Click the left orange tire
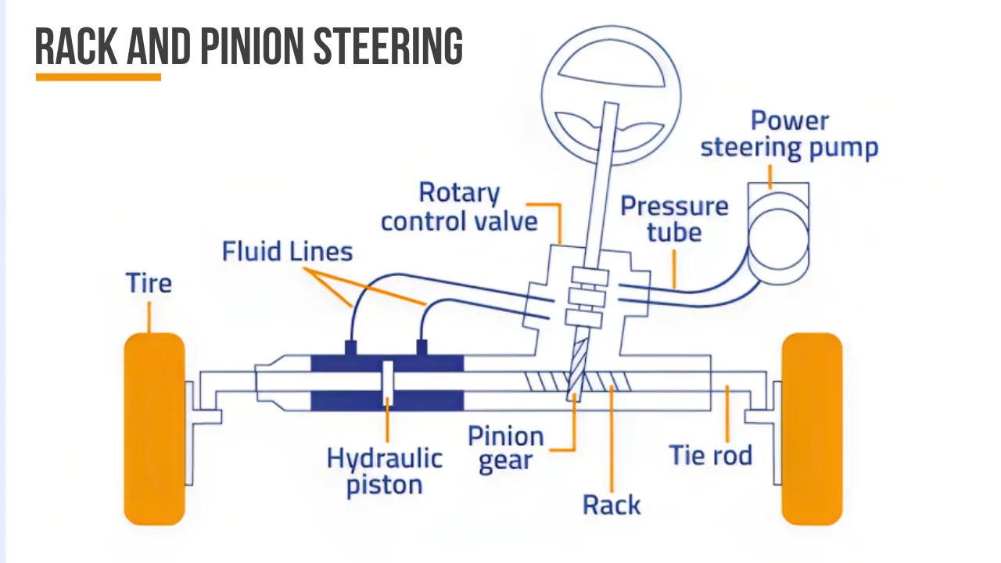coord(154,429)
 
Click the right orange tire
coord(812,429)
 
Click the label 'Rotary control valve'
coord(459,207)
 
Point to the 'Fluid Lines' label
coord(287,252)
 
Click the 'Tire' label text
coord(149,282)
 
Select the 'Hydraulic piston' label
coord(384,471)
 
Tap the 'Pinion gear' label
coord(505,449)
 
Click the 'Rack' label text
coord(612,504)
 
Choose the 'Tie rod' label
coord(710,454)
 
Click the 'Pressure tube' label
coord(673,219)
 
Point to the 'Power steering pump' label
coord(789,134)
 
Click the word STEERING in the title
coord(388,47)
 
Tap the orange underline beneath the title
coord(99,77)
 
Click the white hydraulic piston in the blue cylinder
coord(387,383)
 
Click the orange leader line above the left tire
coord(149,316)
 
